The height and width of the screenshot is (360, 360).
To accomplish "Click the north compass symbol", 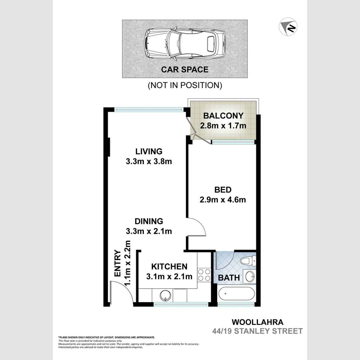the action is [288, 27].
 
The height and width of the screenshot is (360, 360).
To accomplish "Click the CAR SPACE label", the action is [185, 69].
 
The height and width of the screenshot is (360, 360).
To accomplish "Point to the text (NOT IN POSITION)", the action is [185, 85].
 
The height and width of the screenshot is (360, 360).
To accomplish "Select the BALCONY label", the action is [223, 116].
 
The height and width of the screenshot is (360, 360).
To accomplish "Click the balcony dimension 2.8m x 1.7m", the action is [223, 126].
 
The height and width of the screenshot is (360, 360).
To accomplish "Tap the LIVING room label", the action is [149, 151].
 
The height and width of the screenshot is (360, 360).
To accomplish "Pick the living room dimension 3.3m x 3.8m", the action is [149, 162].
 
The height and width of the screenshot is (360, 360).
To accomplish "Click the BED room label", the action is [223, 190].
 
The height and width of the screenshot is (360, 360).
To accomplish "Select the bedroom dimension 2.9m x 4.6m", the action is [223, 200].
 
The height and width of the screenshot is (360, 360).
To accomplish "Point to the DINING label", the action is [149, 221].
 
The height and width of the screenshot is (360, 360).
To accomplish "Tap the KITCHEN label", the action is [169, 266].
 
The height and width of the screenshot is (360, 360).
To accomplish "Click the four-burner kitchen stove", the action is [204, 275].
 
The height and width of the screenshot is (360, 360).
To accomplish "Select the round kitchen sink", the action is [166, 295].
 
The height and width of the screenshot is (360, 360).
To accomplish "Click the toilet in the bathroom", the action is [248, 261].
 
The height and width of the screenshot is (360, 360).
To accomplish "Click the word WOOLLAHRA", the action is [257, 322].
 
